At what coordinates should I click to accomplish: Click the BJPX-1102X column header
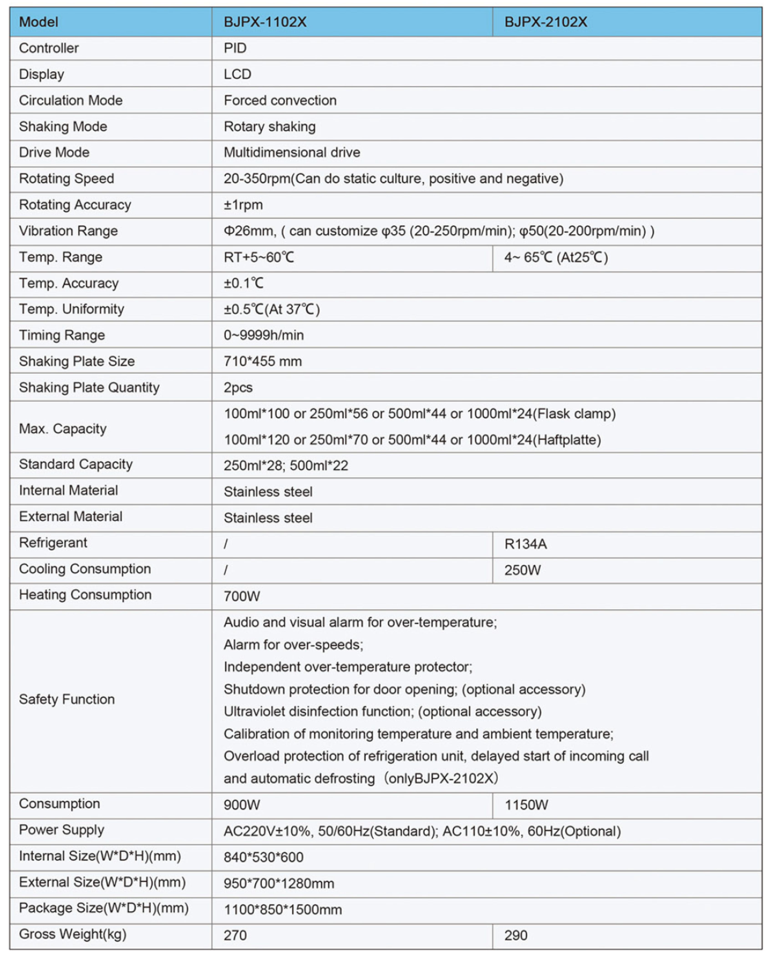[265, 22]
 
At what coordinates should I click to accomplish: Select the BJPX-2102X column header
[546, 22]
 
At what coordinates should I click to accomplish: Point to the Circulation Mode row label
[71, 100]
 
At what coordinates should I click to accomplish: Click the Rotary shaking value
[270, 127]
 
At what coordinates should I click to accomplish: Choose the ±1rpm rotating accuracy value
[243, 205]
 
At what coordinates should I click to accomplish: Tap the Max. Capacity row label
[63, 429]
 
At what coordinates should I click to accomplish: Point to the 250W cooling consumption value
[522, 570]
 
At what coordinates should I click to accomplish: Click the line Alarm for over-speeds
[293, 645]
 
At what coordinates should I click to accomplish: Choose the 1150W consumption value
[526, 805]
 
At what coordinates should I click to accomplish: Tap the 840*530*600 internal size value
[263, 857]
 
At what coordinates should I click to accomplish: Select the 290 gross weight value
[516, 935]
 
